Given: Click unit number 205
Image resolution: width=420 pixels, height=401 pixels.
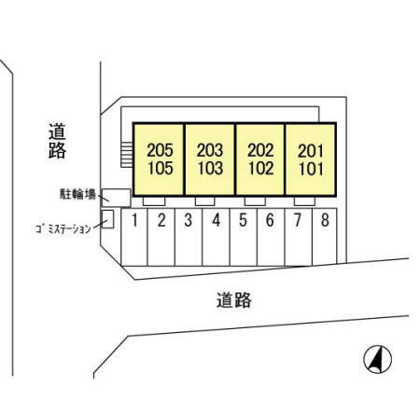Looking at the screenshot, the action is (x=160, y=150).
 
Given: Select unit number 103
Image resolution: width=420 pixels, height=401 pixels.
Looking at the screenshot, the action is (x=211, y=168).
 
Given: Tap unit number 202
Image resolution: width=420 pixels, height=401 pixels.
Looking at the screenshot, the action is (x=260, y=150).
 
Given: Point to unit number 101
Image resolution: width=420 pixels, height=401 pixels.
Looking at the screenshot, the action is (x=311, y=169).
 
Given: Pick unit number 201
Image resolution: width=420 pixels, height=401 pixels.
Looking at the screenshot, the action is (x=311, y=151).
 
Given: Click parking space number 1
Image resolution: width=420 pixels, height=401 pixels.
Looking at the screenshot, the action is (x=134, y=220).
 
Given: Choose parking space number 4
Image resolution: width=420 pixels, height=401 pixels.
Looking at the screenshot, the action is (x=216, y=220).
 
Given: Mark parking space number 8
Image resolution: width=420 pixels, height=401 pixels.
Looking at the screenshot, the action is (x=325, y=220).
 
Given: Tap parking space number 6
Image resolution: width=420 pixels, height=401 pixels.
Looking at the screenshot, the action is (x=270, y=220).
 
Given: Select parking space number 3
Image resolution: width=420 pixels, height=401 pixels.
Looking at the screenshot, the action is (x=189, y=220).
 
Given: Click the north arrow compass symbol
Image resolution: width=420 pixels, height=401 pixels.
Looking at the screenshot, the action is (x=378, y=359).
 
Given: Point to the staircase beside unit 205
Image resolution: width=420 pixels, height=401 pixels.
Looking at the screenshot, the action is (x=127, y=155).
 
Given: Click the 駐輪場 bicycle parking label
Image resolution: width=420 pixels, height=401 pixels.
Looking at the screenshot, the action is (x=77, y=194).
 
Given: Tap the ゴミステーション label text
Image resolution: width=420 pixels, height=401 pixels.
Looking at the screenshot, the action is (x=63, y=228).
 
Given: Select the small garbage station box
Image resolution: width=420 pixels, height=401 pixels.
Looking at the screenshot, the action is (x=107, y=219).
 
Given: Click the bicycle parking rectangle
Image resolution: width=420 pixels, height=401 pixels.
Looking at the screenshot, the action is (x=116, y=198).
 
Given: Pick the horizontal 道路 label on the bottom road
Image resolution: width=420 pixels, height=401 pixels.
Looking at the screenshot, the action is (x=234, y=300).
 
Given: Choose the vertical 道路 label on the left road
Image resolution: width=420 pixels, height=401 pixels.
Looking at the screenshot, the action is (x=57, y=141).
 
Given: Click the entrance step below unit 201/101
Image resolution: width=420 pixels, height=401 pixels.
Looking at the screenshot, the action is (x=304, y=201).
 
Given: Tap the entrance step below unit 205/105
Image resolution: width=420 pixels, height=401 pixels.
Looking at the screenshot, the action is (x=154, y=201).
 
